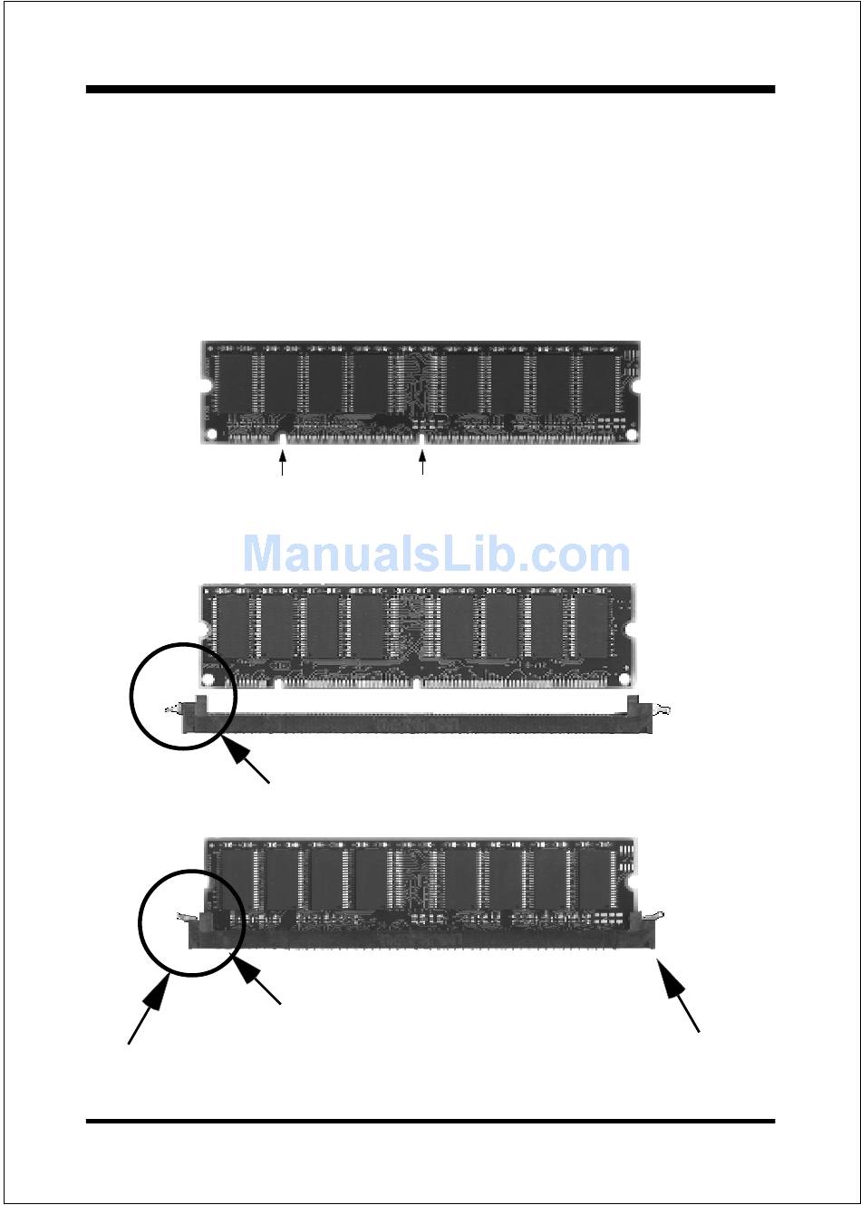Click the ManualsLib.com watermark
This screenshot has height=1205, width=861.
(x=436, y=554)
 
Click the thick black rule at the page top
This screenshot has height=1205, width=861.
(x=430, y=90)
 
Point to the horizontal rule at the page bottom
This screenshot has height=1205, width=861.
(x=430, y=1122)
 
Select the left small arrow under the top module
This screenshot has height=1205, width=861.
(x=283, y=463)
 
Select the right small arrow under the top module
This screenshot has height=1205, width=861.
(x=422, y=463)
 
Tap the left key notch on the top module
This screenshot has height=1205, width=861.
(x=283, y=439)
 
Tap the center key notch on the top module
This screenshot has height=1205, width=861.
(x=422, y=439)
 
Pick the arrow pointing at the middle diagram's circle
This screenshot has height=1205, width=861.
(x=247, y=761)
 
